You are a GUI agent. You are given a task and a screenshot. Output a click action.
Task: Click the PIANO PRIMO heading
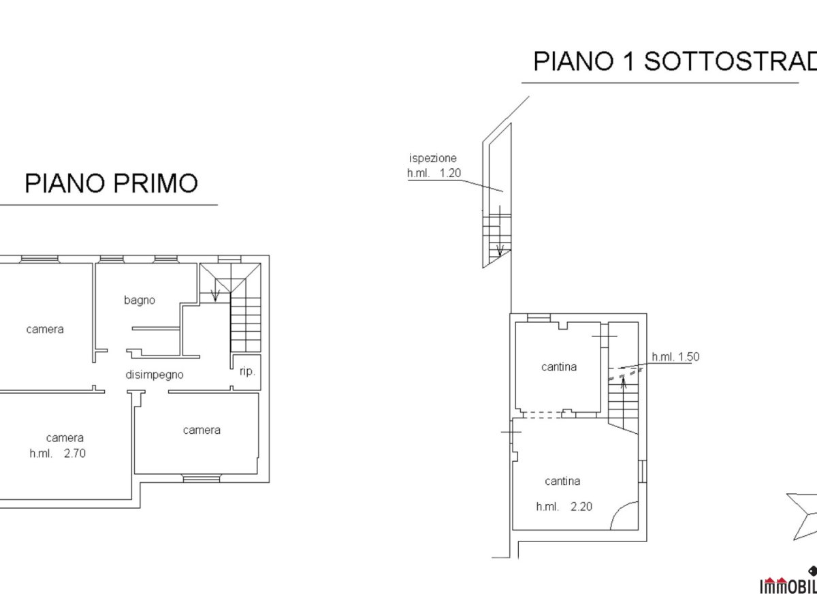(111, 183)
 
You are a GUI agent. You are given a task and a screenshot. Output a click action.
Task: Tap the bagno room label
(140, 300)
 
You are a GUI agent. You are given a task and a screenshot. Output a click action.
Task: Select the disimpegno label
(155, 374)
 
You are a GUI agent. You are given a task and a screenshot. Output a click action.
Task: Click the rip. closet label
(247, 372)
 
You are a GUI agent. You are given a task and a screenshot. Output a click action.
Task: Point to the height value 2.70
(76, 452)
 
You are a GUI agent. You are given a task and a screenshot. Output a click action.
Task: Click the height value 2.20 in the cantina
(582, 506)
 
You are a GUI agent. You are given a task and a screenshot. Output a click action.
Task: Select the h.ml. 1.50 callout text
(675, 356)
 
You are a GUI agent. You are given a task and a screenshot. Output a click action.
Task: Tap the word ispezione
(432, 158)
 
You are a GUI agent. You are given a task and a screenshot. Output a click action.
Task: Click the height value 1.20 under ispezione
(450, 173)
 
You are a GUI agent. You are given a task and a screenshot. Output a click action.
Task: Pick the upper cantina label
(559, 366)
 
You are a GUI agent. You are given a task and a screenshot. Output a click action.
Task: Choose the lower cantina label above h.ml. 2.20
(562, 481)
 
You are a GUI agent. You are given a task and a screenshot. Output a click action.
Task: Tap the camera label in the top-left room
(45, 329)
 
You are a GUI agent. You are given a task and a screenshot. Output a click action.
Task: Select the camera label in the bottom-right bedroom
(202, 430)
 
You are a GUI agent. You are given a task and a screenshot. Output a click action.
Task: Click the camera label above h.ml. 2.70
(65, 437)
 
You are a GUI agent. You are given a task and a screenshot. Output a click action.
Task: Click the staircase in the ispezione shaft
(496, 235)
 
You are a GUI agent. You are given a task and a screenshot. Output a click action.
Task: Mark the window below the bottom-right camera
(202, 477)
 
